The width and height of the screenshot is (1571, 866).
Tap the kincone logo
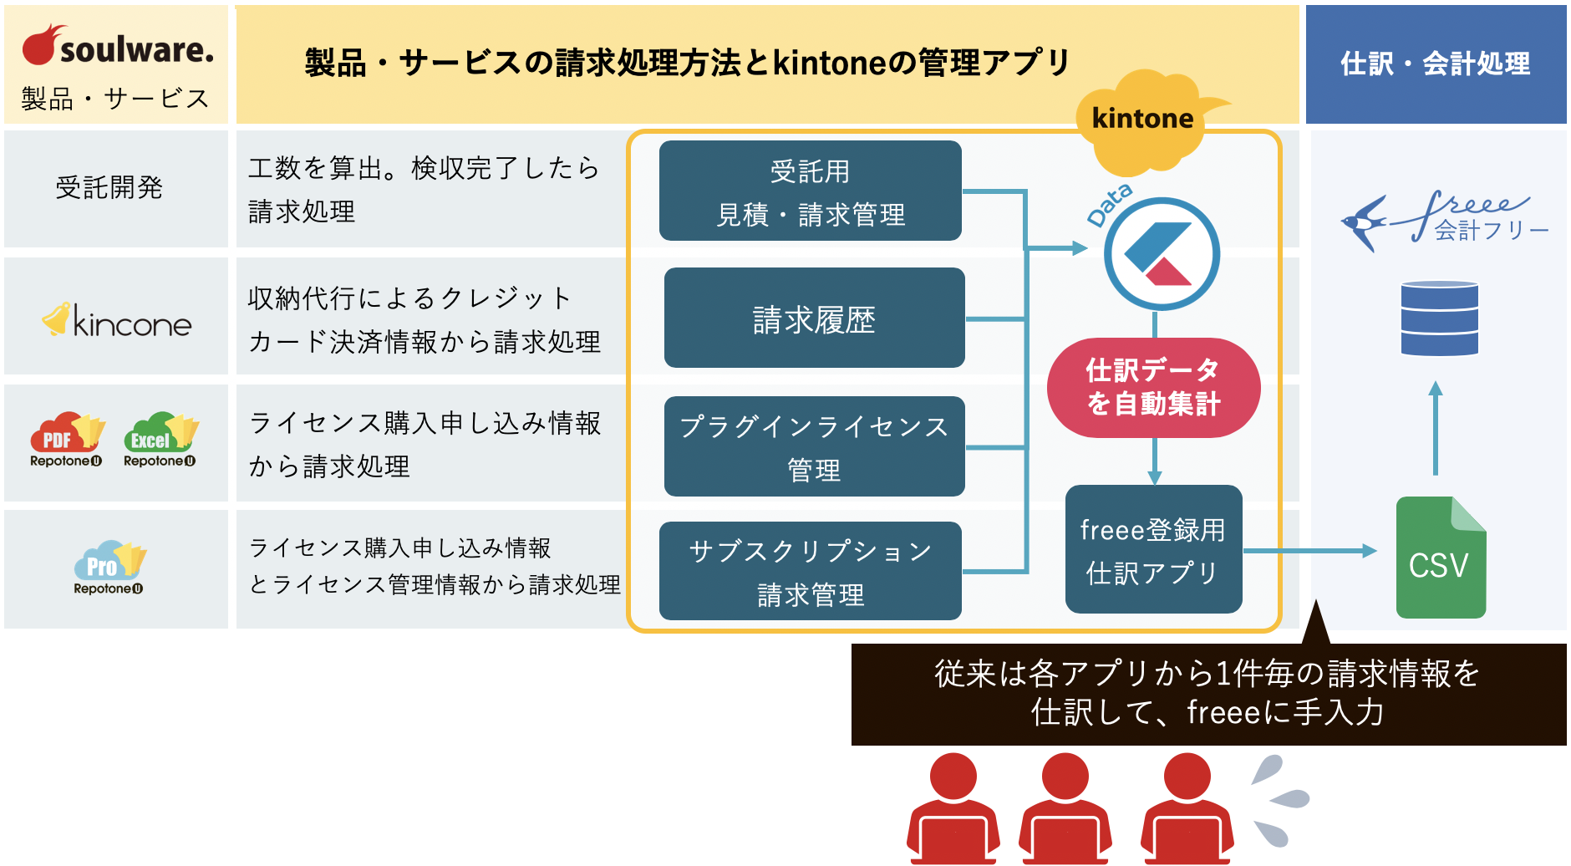[117, 321]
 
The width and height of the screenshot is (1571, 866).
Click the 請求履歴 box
[814, 318]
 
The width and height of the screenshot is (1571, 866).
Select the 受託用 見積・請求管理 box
[810, 191]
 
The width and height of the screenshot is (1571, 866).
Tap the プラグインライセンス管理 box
[814, 446]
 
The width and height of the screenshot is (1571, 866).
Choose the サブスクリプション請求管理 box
[810, 571]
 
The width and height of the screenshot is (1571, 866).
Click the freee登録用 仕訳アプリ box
[1153, 549]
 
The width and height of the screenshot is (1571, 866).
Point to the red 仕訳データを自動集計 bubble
[1153, 387]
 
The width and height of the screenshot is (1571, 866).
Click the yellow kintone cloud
[1143, 121]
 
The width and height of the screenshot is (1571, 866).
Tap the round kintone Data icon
[1162, 254]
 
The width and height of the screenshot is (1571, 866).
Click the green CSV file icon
[1440, 558]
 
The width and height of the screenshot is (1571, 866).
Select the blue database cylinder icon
[1439, 318]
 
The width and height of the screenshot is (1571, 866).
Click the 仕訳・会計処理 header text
[1435, 64]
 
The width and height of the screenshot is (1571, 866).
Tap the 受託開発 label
[109, 187]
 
